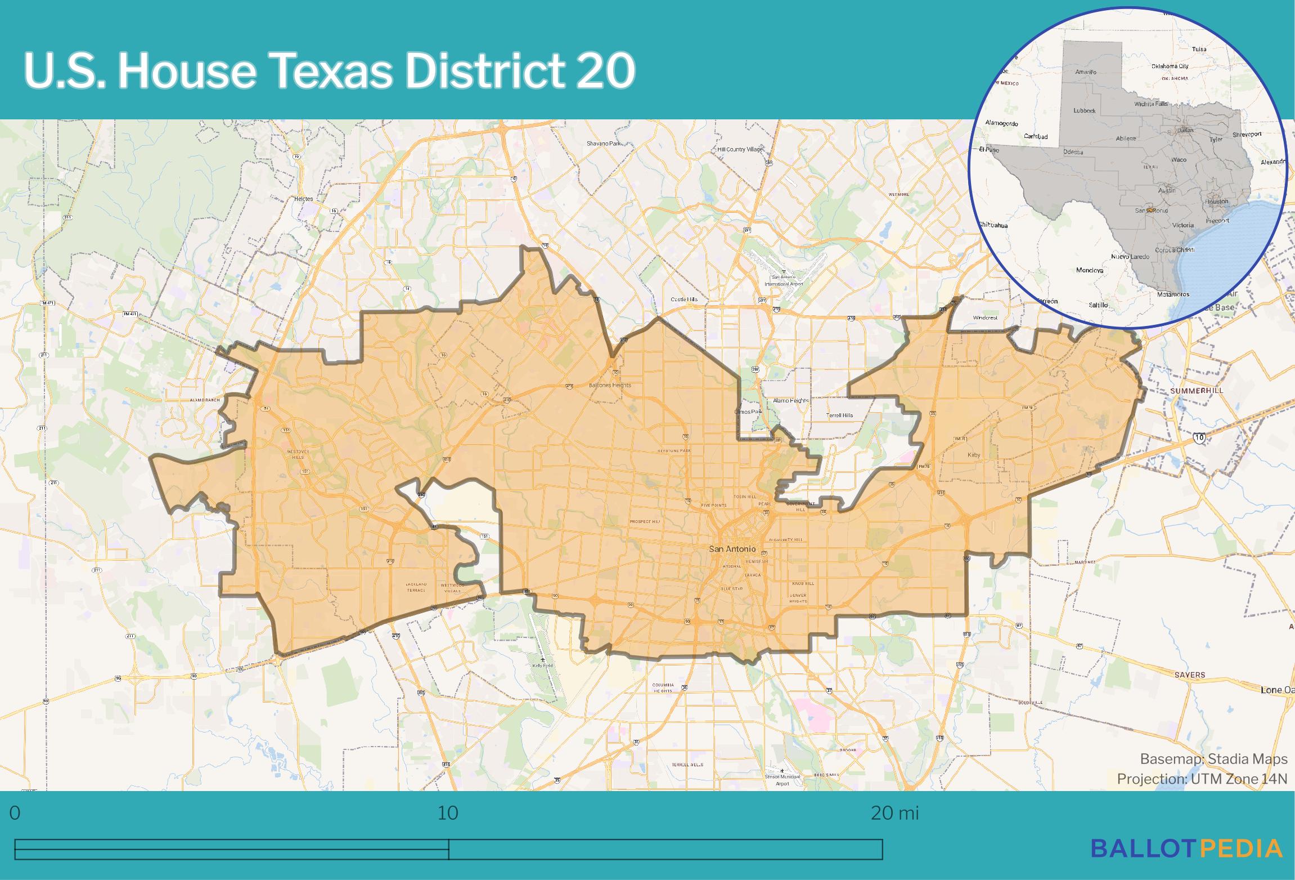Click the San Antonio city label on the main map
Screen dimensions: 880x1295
pos(732,548)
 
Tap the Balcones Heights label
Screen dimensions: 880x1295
pos(610,386)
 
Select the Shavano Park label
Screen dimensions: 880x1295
pos(603,144)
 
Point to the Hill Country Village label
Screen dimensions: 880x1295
pos(740,149)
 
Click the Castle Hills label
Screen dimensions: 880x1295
pos(684,300)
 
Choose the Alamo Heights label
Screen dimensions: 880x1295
pos(791,400)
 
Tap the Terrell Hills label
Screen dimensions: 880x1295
pos(839,416)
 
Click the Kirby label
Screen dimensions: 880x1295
pos(974,455)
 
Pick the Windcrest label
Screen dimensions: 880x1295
pos(985,318)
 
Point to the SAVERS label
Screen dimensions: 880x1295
pos(1190,674)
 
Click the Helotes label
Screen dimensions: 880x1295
pos(304,199)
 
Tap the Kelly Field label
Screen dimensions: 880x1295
pos(542,665)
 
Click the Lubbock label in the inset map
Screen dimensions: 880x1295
pos(1084,111)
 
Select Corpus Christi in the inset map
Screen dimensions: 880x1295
pos(1175,250)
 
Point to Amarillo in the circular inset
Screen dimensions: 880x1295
pos(1086,72)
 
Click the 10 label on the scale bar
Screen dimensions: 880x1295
pos(448,813)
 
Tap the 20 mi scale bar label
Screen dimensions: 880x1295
pos(894,813)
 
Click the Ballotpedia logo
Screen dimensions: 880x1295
pos(1187,848)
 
